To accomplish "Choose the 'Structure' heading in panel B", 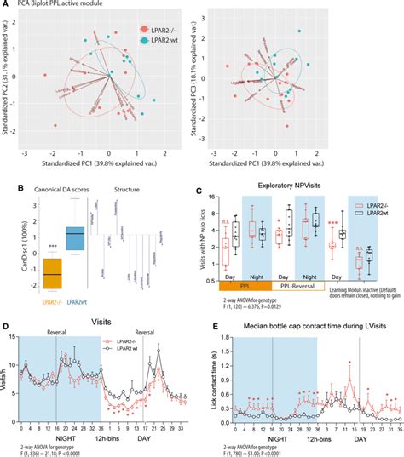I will (x=130, y=187).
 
